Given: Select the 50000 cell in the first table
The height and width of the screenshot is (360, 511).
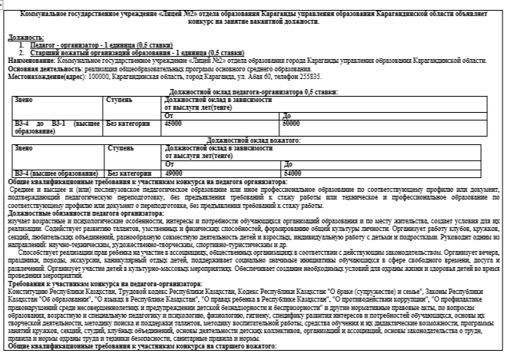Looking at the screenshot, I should point(291,122).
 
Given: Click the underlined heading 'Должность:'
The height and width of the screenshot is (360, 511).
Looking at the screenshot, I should point(25,37).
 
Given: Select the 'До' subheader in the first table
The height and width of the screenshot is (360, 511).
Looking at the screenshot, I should point(286,115).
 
